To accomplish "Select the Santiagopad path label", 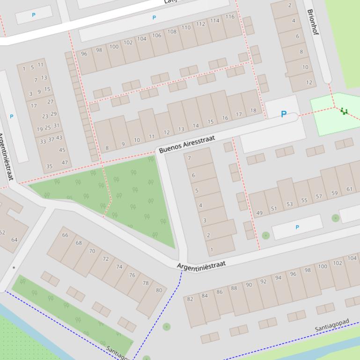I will pyautogui.click(x=332, y=325).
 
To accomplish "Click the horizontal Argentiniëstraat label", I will pyautogui.click(x=201, y=265).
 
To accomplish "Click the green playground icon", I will pyautogui.click(x=345, y=111).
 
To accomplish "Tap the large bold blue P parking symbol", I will pyautogui.click(x=283, y=114).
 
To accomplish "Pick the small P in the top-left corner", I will pyautogui.click(x=33, y=15).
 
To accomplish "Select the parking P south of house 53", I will pyautogui.click(x=297, y=227).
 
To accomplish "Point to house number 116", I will pyautogui.click(x=229, y=17).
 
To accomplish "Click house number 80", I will pyautogui.click(x=159, y=290).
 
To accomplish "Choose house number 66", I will pyautogui.click(x=65, y=235).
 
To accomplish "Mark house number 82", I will pyautogui.click(x=190, y=299).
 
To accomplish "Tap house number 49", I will pyautogui.click(x=259, y=213).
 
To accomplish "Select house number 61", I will pyautogui.click(x=349, y=189).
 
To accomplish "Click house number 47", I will pyautogui.click(x=65, y=163).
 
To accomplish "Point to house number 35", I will pyautogui.click(x=50, y=166).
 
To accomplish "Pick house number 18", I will pyautogui.click(x=253, y=111).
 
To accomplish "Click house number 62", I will pyautogui.click(x=2, y=232).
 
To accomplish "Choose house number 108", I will pyautogui.click(x=172, y=32).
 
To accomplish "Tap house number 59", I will pyautogui.click(x=334, y=193).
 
